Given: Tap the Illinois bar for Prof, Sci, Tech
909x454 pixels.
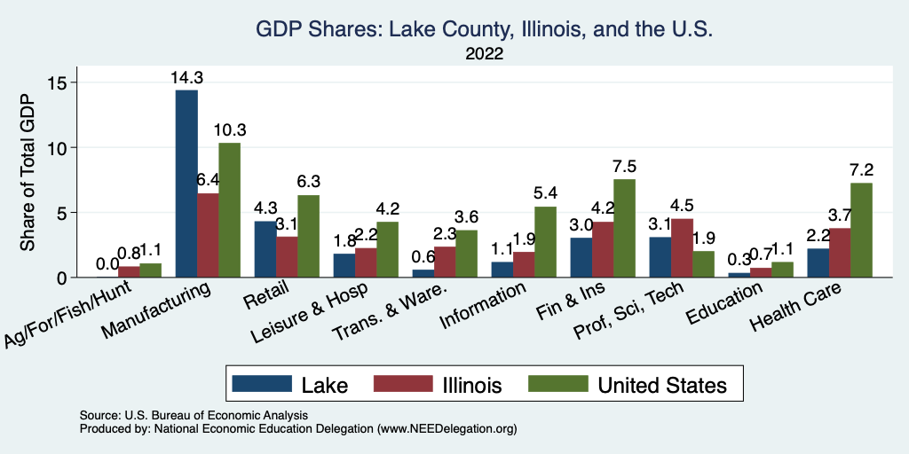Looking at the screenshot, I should click(682, 248).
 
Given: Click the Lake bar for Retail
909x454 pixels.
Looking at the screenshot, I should click(265, 249).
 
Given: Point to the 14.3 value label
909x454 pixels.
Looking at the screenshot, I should click(186, 78).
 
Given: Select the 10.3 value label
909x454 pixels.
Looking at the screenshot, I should click(230, 130).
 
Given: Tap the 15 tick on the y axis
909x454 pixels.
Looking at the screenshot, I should click(68, 82).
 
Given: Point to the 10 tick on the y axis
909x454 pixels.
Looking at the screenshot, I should click(68, 147).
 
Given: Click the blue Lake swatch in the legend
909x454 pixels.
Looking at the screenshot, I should click(262, 383).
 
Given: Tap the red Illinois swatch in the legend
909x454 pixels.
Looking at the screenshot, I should click(400, 383).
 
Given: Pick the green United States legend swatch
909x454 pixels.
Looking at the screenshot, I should click(557, 383).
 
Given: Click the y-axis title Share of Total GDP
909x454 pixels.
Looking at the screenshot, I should click(28, 173).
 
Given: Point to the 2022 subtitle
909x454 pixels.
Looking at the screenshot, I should click(484, 54).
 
